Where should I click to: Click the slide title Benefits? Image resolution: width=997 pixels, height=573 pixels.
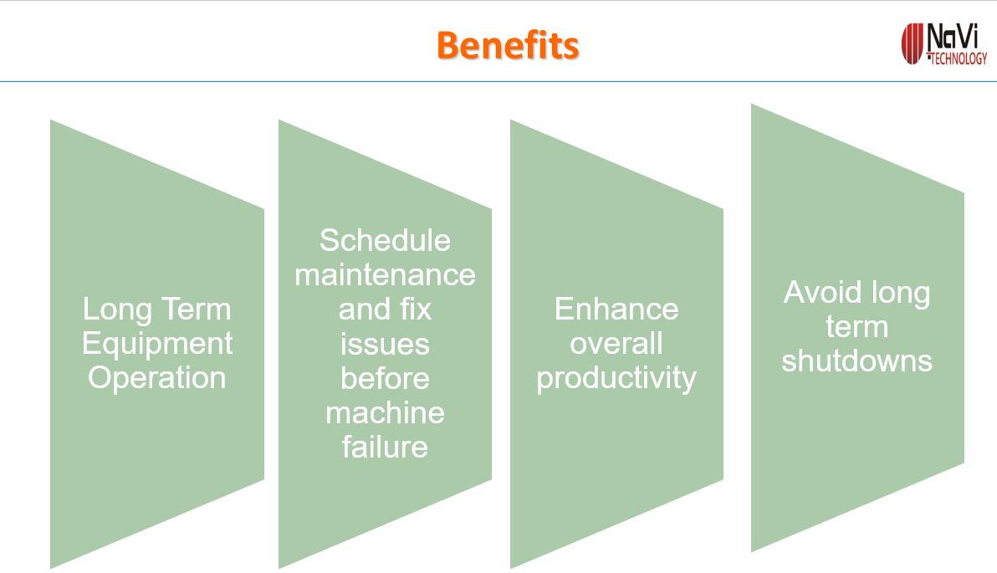coord(508,46)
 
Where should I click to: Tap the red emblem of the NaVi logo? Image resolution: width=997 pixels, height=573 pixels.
coord(912,43)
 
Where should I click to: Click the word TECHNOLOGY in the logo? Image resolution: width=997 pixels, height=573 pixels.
coord(959,59)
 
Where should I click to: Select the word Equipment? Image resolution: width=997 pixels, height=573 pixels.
coord(157,345)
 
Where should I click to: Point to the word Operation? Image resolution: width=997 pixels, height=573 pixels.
coord(157,378)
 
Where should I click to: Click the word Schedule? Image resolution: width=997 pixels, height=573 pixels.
coord(385,240)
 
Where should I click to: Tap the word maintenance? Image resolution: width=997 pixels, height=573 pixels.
coord(385,274)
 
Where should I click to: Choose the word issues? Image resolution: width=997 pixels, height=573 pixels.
coord(385,344)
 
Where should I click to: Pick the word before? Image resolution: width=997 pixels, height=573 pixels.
coord(385,378)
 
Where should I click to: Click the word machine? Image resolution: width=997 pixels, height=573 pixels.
coord(385,412)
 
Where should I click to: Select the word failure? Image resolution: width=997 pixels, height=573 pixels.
coord(385,447)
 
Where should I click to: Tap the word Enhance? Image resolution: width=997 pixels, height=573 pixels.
coord(616,309)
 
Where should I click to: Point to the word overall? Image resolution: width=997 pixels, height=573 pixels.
coord(616,344)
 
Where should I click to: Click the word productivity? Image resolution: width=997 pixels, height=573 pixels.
coord(616,379)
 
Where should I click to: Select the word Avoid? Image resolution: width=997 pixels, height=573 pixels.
coord(823,293)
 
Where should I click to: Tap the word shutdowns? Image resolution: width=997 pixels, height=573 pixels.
coord(857,361)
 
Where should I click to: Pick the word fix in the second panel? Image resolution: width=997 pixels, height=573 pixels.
coord(416,309)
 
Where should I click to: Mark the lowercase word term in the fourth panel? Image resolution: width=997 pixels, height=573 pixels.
coord(857,327)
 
